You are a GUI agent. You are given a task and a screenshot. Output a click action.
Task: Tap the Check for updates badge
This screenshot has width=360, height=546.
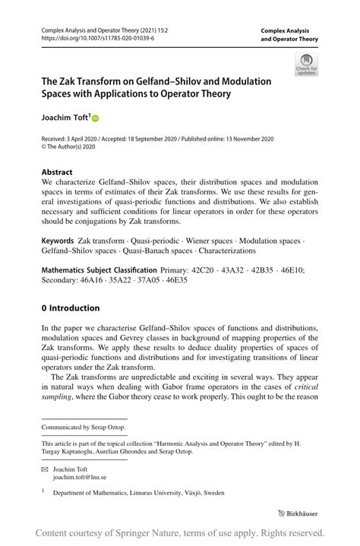point(306,65)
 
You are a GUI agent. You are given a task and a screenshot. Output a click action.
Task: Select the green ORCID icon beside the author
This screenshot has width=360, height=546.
point(96,118)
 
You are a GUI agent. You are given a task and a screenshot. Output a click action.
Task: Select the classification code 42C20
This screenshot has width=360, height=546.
point(204,270)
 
